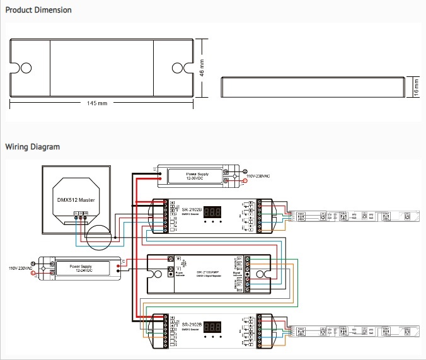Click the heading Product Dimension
pos(38,10)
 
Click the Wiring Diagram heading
pos(33,147)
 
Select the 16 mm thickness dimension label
pos(416,86)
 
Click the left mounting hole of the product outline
pos(26,68)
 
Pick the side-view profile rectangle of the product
pos(313,86)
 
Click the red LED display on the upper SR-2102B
pos(216,212)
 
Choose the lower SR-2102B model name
pos(192,324)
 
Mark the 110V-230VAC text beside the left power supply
pos(20,267)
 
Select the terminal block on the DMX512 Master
pos(80,214)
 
